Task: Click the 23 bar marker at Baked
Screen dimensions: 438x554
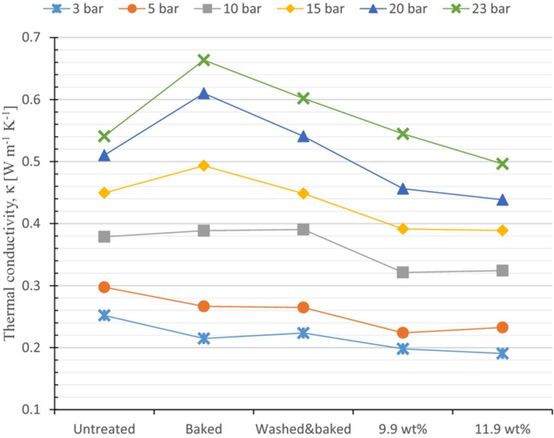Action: pos(204,60)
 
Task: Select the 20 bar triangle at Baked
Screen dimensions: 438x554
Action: pos(204,94)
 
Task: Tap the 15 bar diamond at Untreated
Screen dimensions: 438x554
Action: pos(104,193)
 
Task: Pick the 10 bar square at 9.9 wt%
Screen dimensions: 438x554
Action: pos(403,272)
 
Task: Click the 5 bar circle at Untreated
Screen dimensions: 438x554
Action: pos(104,287)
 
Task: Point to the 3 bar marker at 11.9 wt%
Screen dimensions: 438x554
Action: pos(502,354)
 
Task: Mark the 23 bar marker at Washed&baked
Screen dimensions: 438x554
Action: pos(303,98)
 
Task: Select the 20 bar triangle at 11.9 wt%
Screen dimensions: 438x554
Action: pos(502,200)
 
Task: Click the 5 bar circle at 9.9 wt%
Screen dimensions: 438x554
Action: pos(403,332)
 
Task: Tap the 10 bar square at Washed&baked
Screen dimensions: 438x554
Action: pos(303,230)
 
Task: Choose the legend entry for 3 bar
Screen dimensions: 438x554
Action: pos(74,9)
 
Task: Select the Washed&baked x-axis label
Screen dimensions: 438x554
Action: pos(303,429)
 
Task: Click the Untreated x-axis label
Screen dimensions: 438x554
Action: pos(104,429)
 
